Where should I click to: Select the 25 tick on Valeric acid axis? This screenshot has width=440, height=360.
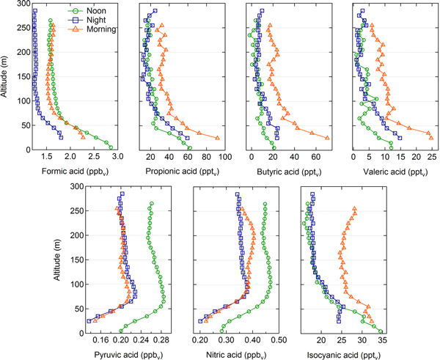[x=431, y=158]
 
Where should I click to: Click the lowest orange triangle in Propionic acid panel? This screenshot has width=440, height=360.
[x=218, y=138]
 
